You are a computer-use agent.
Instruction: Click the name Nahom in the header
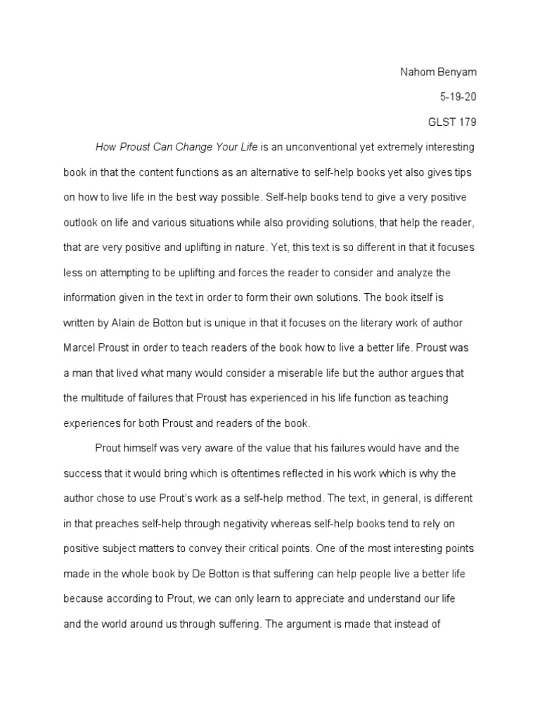click(416, 72)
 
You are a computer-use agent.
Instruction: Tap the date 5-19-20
click(458, 97)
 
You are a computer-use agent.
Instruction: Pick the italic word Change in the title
click(185, 147)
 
